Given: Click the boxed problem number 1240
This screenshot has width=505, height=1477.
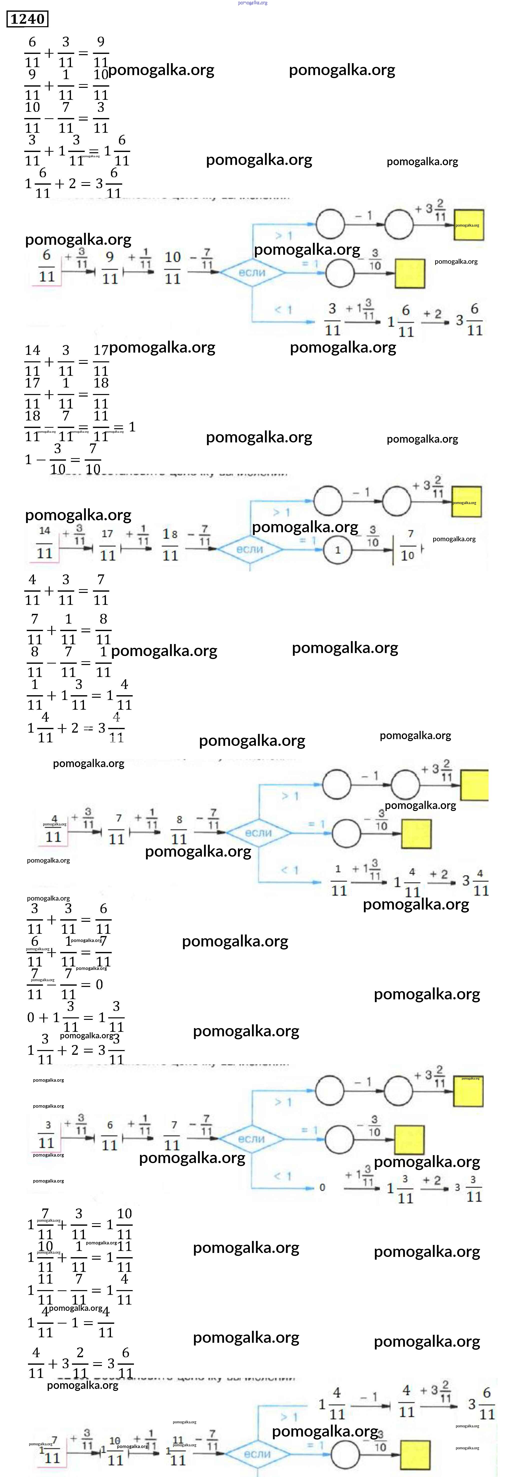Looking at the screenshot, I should pos(27,19).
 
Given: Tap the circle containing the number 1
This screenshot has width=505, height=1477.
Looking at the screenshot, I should pos(337,550).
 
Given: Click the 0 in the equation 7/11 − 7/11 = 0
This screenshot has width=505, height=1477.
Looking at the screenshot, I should pos(99,984).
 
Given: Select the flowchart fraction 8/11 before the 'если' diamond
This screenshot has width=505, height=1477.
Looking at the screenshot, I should pos(179,830).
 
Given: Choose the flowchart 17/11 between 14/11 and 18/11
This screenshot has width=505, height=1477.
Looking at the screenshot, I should pos(107,545).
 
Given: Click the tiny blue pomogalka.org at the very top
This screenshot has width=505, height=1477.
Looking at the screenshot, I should pos(252,3).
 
